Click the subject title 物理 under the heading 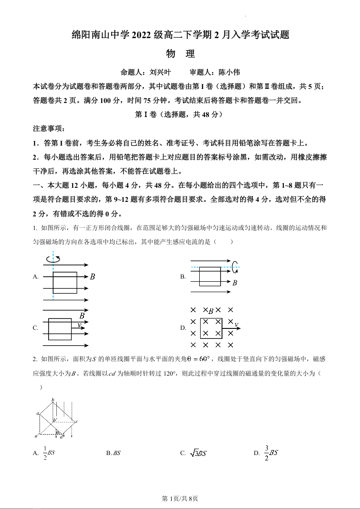180,54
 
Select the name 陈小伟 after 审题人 229,72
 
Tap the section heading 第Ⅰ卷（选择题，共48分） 179,115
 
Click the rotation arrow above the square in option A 53,259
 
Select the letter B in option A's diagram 92,276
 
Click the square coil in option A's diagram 64,282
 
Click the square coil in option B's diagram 210,276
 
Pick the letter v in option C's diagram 79,325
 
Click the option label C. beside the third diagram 35,328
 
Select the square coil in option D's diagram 211,328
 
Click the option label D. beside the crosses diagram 183,328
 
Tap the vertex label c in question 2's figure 77,421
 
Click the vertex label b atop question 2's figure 53,399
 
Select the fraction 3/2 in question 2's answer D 266,452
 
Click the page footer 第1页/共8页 180,499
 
